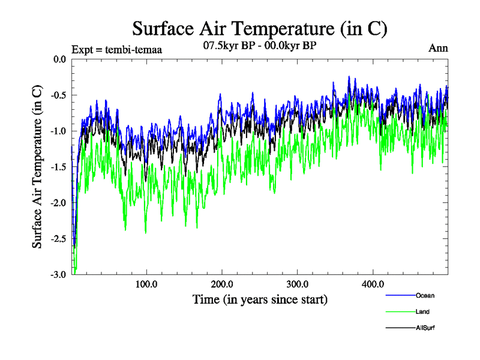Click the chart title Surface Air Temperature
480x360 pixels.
[x=260, y=29]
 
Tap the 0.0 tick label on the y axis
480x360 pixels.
[x=59, y=59]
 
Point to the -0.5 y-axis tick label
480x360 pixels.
[x=58, y=95]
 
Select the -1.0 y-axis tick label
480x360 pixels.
[x=58, y=131]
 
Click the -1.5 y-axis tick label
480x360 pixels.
[x=58, y=167]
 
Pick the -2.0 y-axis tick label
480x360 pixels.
[x=58, y=203]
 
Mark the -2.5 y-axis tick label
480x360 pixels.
[x=58, y=239]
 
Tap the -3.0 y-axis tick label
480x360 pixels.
[x=58, y=275]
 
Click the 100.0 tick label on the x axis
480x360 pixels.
[x=146, y=283]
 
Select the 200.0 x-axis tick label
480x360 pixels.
[x=222, y=283]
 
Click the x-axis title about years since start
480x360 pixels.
[x=260, y=299]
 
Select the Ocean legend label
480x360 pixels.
[x=425, y=295]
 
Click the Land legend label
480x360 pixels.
[x=422, y=312]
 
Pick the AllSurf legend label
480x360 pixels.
[x=425, y=328]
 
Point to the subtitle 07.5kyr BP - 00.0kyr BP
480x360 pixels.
[x=260, y=46]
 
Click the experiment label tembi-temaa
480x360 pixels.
[x=116, y=50]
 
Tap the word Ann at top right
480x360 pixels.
[x=438, y=48]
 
